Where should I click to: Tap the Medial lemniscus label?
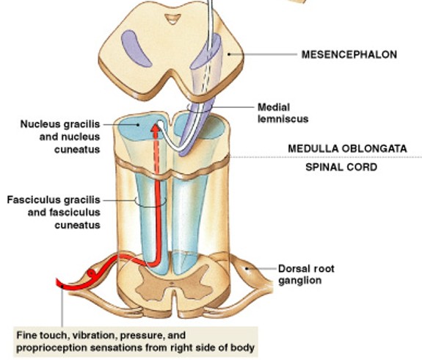[x=283, y=112]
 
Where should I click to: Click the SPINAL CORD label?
[x=341, y=168]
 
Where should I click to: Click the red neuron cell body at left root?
[x=92, y=273]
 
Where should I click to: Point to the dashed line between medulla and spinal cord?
[x=330, y=157]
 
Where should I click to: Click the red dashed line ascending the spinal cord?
[x=154, y=191]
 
